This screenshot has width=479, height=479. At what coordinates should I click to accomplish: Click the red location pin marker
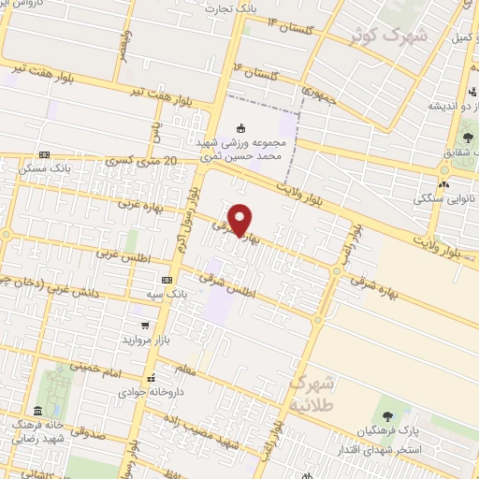[240, 218]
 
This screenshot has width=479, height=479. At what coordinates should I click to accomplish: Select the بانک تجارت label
[259, 8]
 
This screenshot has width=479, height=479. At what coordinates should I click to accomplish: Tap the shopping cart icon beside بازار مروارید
[144, 326]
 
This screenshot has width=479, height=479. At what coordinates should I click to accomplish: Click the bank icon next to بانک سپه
[167, 280]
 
